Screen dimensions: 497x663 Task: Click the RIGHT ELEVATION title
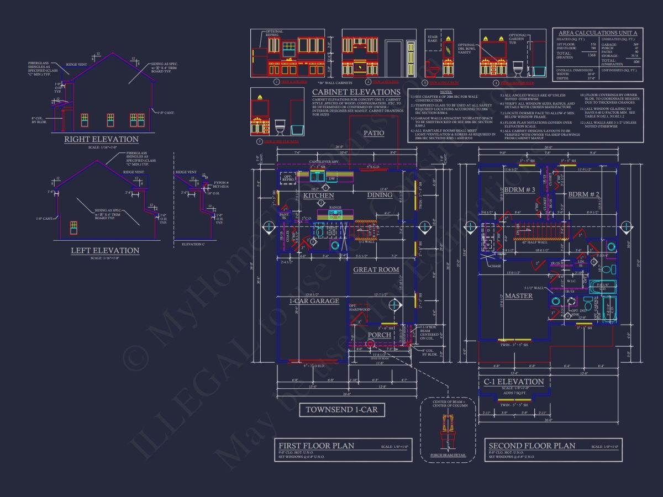click(101, 139)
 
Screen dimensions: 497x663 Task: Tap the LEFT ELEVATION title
click(105, 251)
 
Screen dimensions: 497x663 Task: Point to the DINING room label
click(380, 195)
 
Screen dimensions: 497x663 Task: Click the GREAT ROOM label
click(376, 269)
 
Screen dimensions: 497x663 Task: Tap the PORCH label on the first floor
click(380, 335)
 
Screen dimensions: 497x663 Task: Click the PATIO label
click(374, 133)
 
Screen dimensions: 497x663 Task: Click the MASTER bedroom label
click(519, 296)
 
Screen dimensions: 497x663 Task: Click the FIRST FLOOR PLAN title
click(316, 446)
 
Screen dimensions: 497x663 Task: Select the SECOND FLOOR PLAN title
click(532, 446)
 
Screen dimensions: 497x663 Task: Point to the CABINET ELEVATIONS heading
click(356, 92)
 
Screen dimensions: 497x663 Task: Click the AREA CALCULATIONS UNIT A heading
click(597, 33)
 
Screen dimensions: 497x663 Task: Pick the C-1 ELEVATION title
click(514, 382)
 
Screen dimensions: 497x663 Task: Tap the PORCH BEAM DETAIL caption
click(448, 456)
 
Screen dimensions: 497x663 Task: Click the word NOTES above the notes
click(446, 92)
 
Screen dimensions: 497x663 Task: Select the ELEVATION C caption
click(193, 244)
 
